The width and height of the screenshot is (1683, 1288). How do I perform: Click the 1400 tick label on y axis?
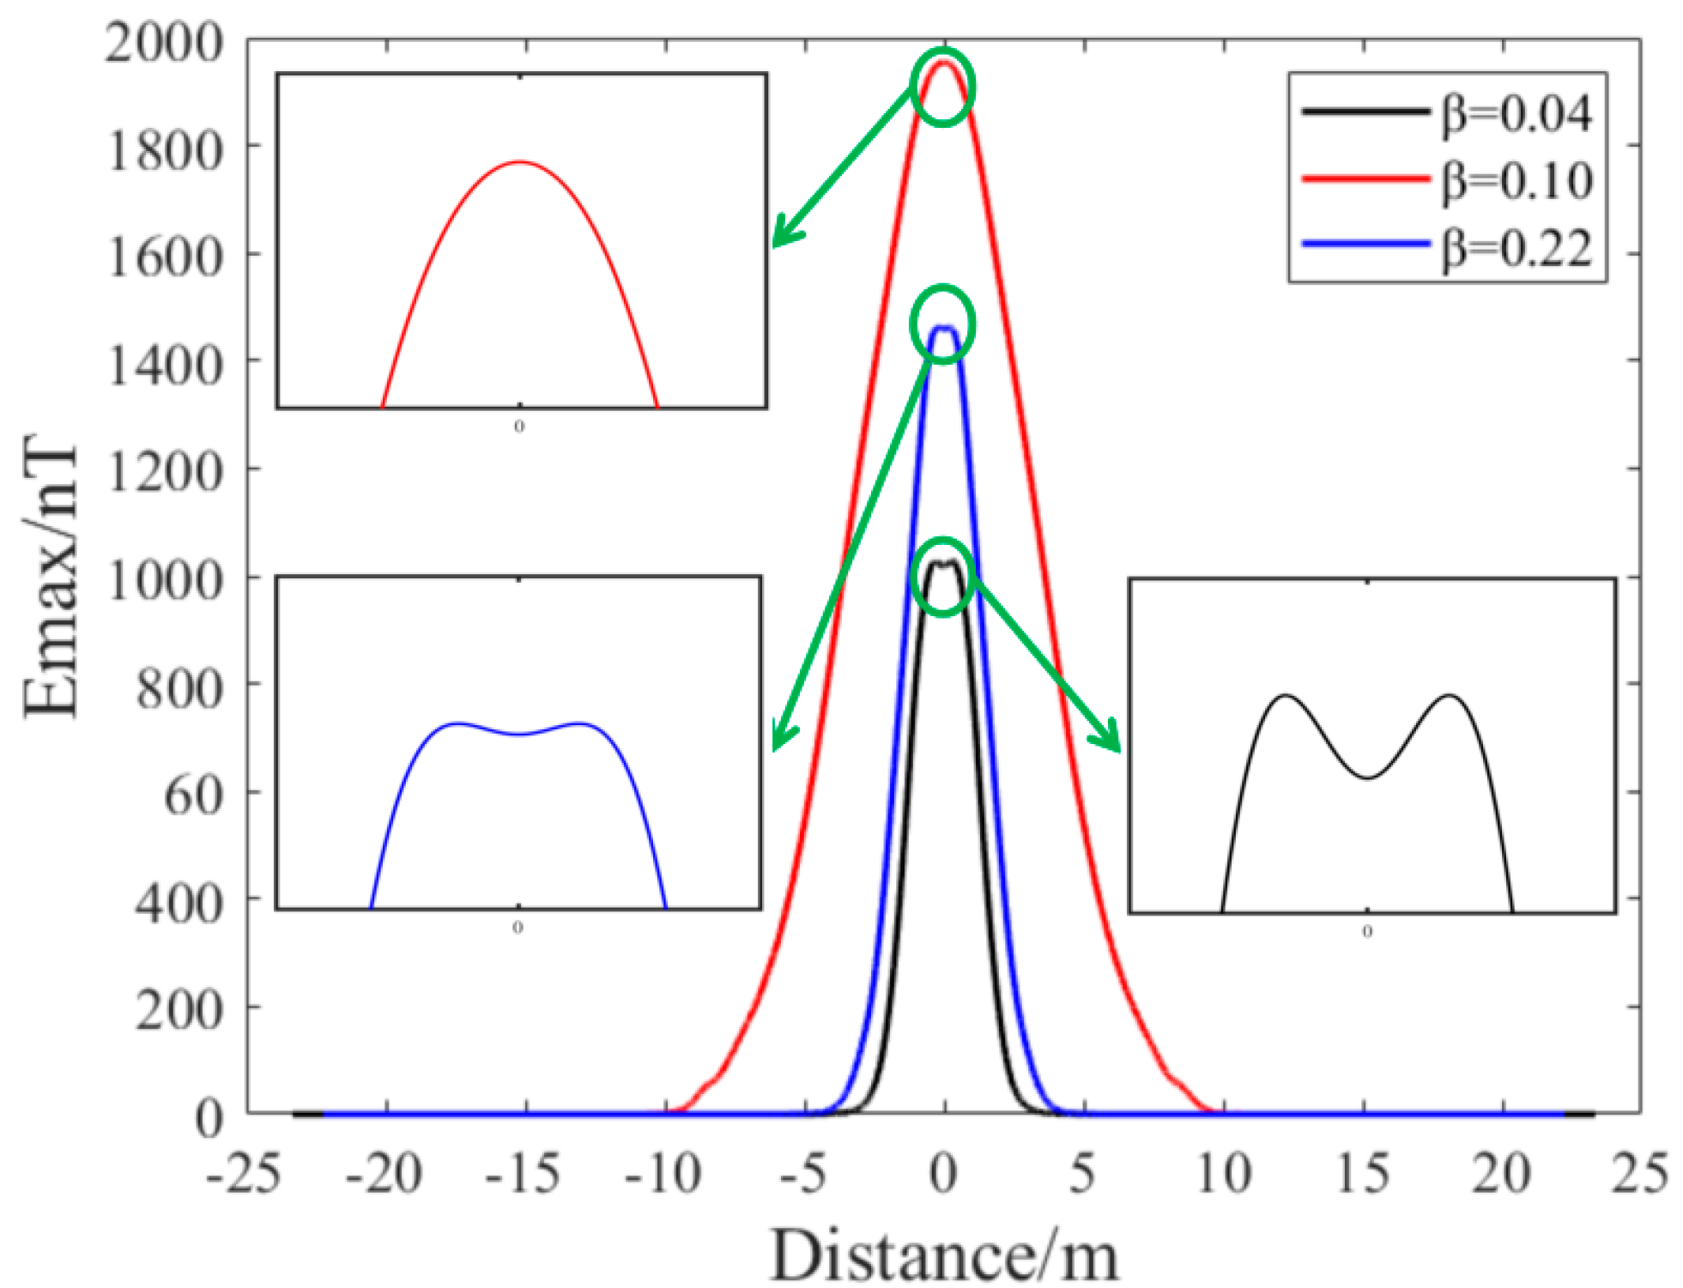point(163,364)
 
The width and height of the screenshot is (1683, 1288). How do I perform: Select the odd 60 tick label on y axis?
point(193,795)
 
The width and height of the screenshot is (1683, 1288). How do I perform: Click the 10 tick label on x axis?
point(1222,1173)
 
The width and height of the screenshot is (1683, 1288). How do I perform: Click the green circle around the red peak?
point(942,87)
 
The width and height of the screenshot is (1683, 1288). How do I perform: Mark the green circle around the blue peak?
point(942,324)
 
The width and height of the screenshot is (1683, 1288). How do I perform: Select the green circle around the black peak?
point(942,577)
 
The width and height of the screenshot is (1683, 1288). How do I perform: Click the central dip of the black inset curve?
point(1367,777)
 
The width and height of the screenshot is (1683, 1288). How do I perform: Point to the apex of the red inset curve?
point(520,161)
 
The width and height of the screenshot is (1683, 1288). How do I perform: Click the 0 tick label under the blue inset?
point(518,928)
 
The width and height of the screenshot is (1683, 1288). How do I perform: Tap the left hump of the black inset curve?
point(1285,696)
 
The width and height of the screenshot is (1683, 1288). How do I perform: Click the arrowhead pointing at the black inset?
point(1110,738)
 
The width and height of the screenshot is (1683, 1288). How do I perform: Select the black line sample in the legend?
point(1365,112)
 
